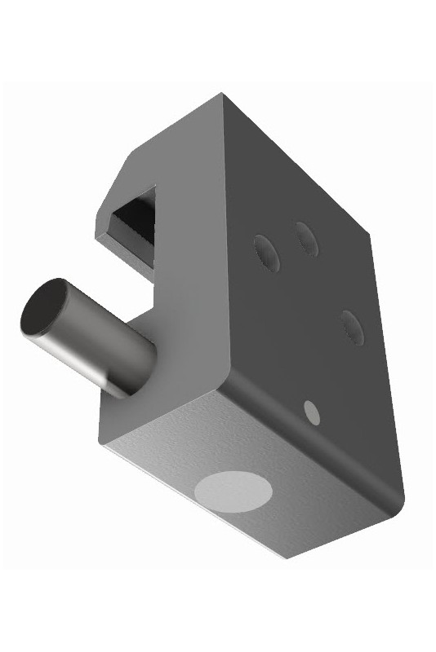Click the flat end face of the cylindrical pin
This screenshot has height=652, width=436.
click(x=45, y=310)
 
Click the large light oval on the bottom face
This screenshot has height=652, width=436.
click(x=234, y=491)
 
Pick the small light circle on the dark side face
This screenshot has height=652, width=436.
click(x=311, y=412)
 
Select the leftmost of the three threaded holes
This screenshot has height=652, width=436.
click(x=266, y=253)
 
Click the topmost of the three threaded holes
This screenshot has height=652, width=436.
click(x=307, y=237)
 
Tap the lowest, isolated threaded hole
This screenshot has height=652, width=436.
click(x=350, y=326)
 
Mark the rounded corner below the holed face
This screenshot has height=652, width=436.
click(x=398, y=497)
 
